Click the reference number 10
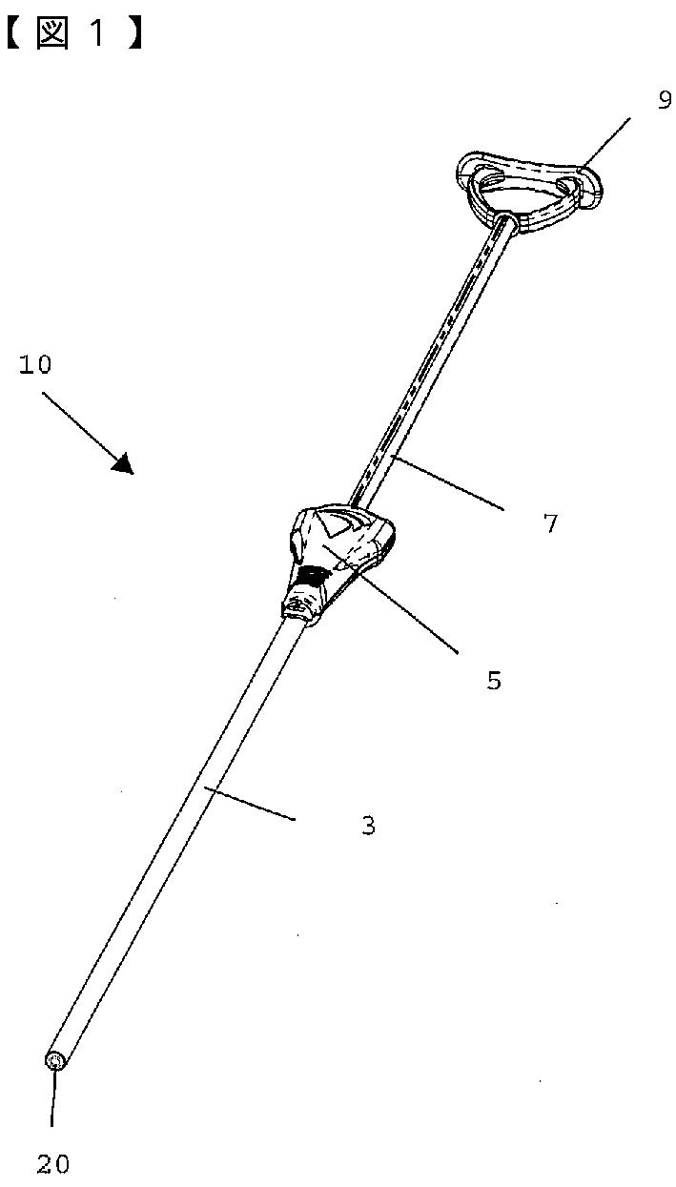35,364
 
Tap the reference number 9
665,101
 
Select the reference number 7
550,522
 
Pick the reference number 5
493,681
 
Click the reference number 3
368,826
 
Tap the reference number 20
53,1163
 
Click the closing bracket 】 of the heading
136,34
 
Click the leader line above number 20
53,1102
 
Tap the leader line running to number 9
605,143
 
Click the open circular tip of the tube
55,1060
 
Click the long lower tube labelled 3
181,829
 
